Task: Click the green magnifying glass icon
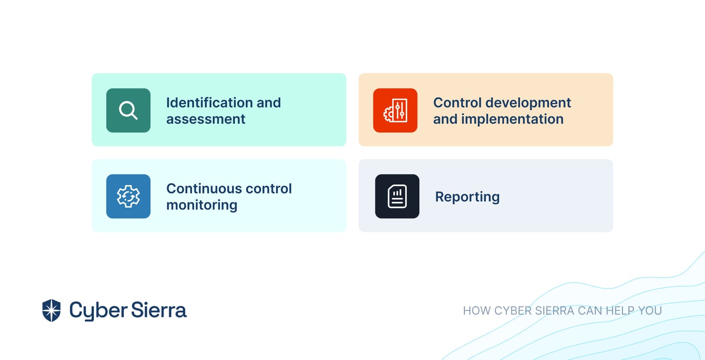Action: point(128,110)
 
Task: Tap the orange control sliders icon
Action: point(395,110)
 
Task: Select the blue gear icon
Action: point(128,196)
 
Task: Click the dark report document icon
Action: point(397,196)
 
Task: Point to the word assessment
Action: point(205,119)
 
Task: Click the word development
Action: point(528,103)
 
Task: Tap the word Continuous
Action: point(204,189)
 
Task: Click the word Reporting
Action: point(468,197)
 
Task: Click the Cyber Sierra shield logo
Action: point(51,310)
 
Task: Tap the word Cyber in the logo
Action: point(98,311)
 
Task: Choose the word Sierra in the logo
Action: point(159,309)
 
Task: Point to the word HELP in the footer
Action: point(620,310)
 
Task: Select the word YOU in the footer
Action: point(650,310)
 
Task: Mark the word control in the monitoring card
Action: point(268,189)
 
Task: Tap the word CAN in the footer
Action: point(590,310)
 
